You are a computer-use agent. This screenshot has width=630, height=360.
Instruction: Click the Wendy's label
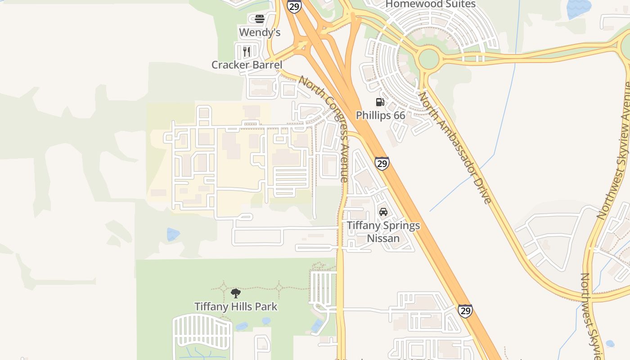tap(260, 32)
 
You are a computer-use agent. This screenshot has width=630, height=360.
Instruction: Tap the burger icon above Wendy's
tap(260, 19)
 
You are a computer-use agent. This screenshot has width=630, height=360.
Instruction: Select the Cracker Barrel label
tap(247, 65)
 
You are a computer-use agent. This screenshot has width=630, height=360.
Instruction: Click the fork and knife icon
tap(246, 51)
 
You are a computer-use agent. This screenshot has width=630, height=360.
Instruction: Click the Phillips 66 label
tap(380, 115)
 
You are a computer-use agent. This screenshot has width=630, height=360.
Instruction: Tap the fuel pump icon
tap(380, 103)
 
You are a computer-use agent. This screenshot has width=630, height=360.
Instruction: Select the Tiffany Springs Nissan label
tap(383, 231)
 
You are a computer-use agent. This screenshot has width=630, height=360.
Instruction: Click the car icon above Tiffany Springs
tap(383, 212)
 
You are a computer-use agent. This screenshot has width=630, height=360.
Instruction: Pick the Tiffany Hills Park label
tap(236, 307)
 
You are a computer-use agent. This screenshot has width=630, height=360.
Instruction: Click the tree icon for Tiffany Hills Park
tap(235, 293)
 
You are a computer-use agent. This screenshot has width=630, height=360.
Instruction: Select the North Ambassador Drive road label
tap(454, 148)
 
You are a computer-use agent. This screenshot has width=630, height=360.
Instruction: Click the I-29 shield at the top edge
tap(294, 6)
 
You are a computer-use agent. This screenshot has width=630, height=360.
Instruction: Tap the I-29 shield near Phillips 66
tap(382, 163)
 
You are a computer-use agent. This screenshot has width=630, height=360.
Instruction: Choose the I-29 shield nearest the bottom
tap(465, 310)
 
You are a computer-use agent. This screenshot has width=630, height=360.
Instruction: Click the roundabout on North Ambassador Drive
tap(428, 59)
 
